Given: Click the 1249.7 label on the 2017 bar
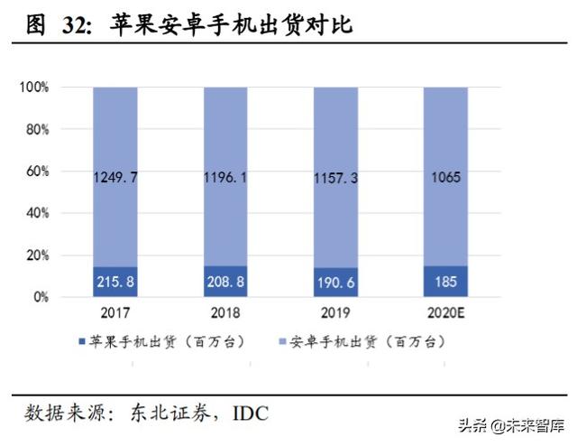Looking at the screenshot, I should (115, 178).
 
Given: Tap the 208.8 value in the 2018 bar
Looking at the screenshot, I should (225, 282).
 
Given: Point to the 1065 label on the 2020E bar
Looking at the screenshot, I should (446, 178).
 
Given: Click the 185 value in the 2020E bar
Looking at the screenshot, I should (446, 282).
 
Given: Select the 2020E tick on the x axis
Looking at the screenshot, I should (446, 313).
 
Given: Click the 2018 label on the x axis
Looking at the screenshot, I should (225, 313).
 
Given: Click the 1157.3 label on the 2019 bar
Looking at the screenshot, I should (336, 179).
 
